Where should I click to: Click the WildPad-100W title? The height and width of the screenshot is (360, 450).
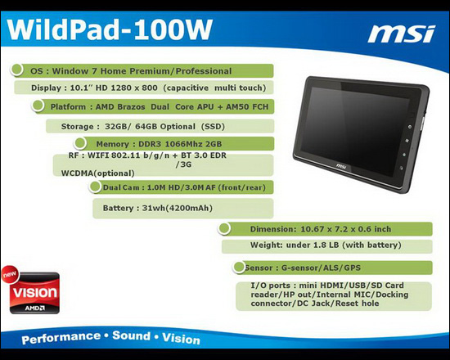click(x=110, y=29)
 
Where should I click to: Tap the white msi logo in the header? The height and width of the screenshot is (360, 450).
click(x=401, y=34)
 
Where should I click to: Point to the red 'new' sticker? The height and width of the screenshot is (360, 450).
click(x=10, y=274)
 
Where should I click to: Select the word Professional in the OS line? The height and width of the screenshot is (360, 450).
click(x=204, y=71)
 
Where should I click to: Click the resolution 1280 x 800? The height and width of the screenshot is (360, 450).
click(x=134, y=88)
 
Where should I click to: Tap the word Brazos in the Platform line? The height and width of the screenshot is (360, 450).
click(x=131, y=107)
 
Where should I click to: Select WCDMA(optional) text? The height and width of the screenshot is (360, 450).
click(x=98, y=173)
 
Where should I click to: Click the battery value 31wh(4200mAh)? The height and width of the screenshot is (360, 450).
click(x=178, y=208)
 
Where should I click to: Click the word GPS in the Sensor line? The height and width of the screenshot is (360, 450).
click(x=352, y=268)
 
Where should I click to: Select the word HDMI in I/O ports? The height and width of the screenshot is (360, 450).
click(x=333, y=286)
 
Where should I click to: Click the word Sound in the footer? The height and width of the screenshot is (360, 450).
click(x=132, y=335)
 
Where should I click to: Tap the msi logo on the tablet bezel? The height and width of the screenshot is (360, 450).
click(x=341, y=166)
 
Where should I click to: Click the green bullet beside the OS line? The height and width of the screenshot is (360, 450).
click(x=17, y=70)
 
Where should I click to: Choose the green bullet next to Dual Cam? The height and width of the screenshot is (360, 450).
click(x=95, y=187)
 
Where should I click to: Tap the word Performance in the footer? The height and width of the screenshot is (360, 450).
click(x=61, y=338)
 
